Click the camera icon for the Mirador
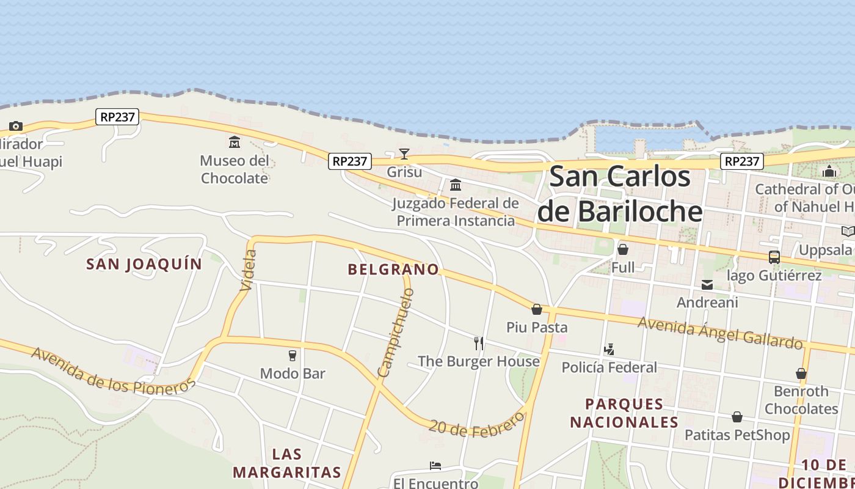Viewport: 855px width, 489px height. click(x=16, y=127)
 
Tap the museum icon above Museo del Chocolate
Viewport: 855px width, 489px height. click(x=235, y=142)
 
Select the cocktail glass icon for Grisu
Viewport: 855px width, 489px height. click(x=404, y=153)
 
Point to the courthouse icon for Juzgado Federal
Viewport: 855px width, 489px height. click(x=456, y=185)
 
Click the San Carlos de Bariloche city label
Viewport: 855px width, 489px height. click(x=620, y=194)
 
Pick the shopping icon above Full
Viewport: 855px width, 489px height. click(x=623, y=249)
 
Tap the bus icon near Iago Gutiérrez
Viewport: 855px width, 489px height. click(x=774, y=257)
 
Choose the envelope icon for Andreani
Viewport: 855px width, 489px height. click(x=707, y=284)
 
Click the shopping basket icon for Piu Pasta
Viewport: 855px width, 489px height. click(x=537, y=309)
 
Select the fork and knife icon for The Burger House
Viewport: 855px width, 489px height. click(x=479, y=343)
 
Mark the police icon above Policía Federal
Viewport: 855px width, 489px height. click(x=609, y=349)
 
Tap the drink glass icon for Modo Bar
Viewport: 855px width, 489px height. click(x=293, y=355)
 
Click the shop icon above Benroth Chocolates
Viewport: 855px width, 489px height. click(x=801, y=373)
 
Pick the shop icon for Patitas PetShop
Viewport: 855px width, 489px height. click(x=737, y=417)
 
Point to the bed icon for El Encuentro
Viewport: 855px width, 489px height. click(x=435, y=466)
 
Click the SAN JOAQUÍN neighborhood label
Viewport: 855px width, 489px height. click(x=144, y=264)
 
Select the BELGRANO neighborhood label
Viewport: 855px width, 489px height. click(x=393, y=270)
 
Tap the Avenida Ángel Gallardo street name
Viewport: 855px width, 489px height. click(x=720, y=332)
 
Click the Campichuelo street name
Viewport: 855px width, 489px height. click(x=395, y=333)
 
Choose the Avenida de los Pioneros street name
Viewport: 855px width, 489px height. click(x=114, y=370)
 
